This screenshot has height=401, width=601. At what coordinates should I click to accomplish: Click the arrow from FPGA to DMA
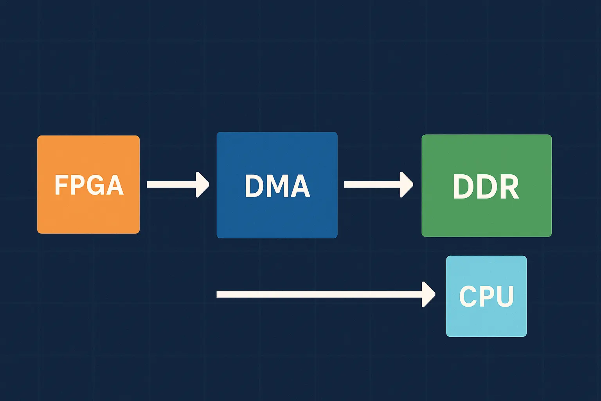coord(172,184)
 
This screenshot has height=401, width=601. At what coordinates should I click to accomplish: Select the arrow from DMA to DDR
coord(372,184)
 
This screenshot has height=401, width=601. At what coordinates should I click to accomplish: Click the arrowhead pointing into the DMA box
coord(203,184)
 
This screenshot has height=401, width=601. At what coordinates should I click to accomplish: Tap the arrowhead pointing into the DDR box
coord(407,184)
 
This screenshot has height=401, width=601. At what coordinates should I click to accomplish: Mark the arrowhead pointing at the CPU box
coord(428,294)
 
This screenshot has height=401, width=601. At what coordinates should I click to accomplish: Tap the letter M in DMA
coord(277,186)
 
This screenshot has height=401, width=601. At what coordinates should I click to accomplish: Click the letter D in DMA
coord(254,186)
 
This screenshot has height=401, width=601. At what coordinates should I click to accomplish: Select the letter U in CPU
coord(504,296)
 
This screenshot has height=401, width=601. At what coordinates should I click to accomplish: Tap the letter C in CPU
coord(468,296)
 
